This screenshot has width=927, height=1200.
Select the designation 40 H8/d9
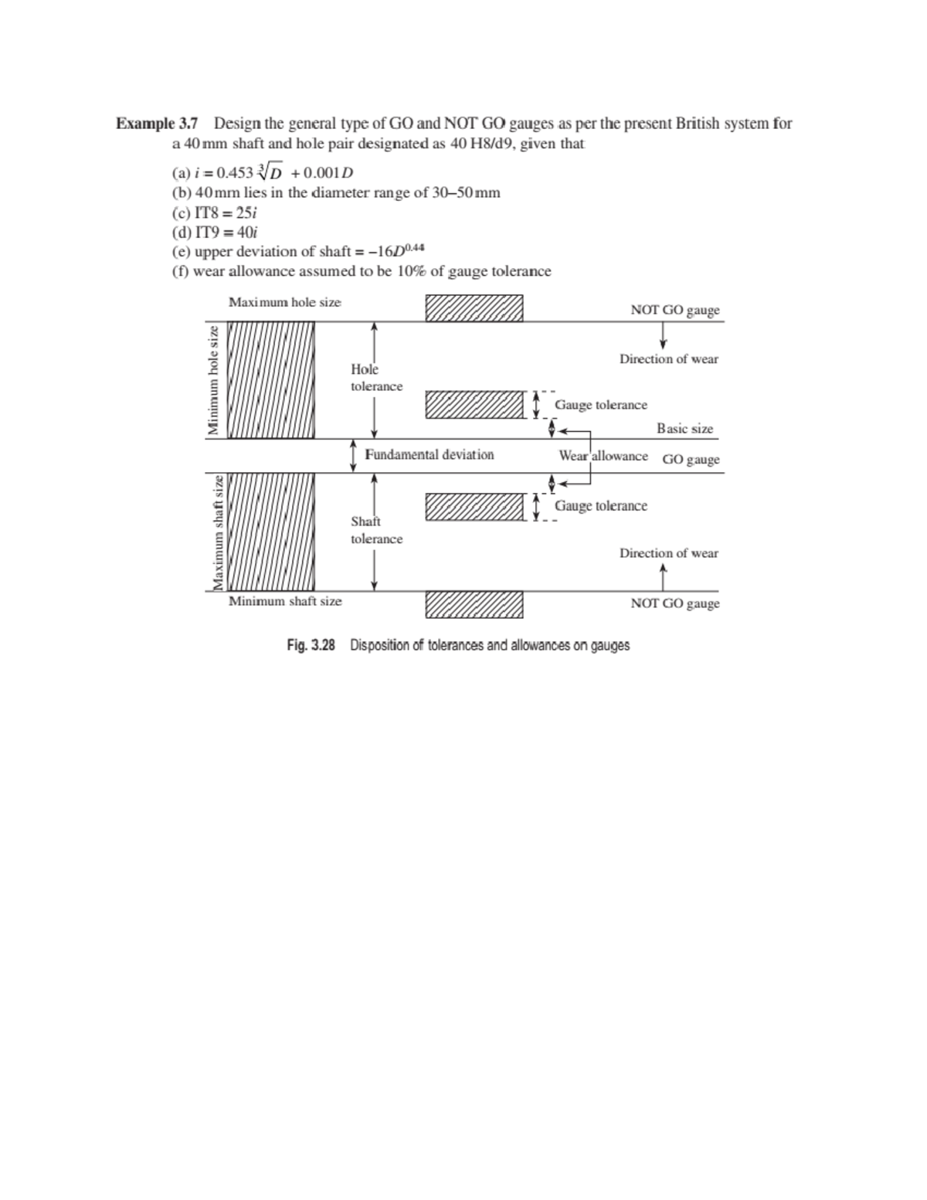point(481,144)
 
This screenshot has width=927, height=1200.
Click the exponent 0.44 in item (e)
point(415,247)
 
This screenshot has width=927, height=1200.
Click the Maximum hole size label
point(284,302)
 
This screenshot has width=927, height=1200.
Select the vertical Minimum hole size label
point(213,379)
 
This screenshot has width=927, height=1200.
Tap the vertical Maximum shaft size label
point(218,532)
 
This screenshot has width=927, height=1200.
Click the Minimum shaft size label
point(284,601)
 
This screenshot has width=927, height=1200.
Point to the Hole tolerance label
point(376,378)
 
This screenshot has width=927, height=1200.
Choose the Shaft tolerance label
point(376,530)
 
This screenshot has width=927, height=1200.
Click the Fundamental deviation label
point(429,454)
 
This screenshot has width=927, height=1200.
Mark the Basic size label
point(684,428)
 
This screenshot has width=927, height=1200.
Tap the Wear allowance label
point(603,456)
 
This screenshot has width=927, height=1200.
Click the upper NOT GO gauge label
point(674,310)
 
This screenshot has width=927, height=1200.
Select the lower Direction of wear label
point(668,553)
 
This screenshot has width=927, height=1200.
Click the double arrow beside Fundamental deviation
point(353,454)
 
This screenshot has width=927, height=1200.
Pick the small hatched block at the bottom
point(474,605)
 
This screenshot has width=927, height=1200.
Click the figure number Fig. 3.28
point(311,645)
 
